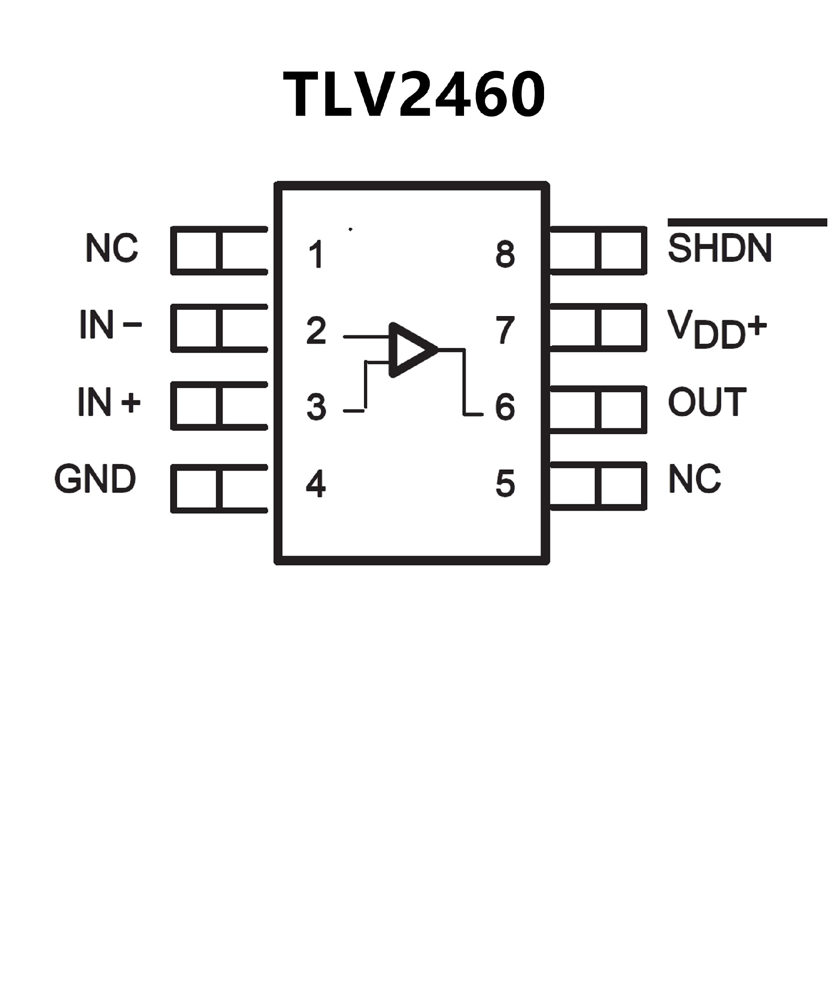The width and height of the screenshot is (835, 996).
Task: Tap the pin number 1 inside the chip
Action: (316, 254)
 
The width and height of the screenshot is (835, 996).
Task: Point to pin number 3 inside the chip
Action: (316, 406)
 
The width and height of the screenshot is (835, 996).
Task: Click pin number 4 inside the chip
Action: (316, 483)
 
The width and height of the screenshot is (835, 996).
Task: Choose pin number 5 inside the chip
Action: (505, 483)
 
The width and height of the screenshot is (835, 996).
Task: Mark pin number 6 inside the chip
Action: (505, 406)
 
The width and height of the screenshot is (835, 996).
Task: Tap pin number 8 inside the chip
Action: (505, 254)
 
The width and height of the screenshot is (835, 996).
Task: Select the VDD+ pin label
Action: (716, 329)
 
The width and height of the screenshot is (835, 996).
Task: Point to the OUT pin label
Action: (707, 402)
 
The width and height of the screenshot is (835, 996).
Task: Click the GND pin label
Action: (95, 479)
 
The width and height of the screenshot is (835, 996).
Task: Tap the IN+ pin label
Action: (109, 402)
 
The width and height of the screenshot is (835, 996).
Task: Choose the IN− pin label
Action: (110, 325)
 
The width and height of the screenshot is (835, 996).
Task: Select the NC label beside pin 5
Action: (695, 479)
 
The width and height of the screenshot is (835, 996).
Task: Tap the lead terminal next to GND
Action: (219, 489)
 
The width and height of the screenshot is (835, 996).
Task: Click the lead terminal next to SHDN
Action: (598, 250)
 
